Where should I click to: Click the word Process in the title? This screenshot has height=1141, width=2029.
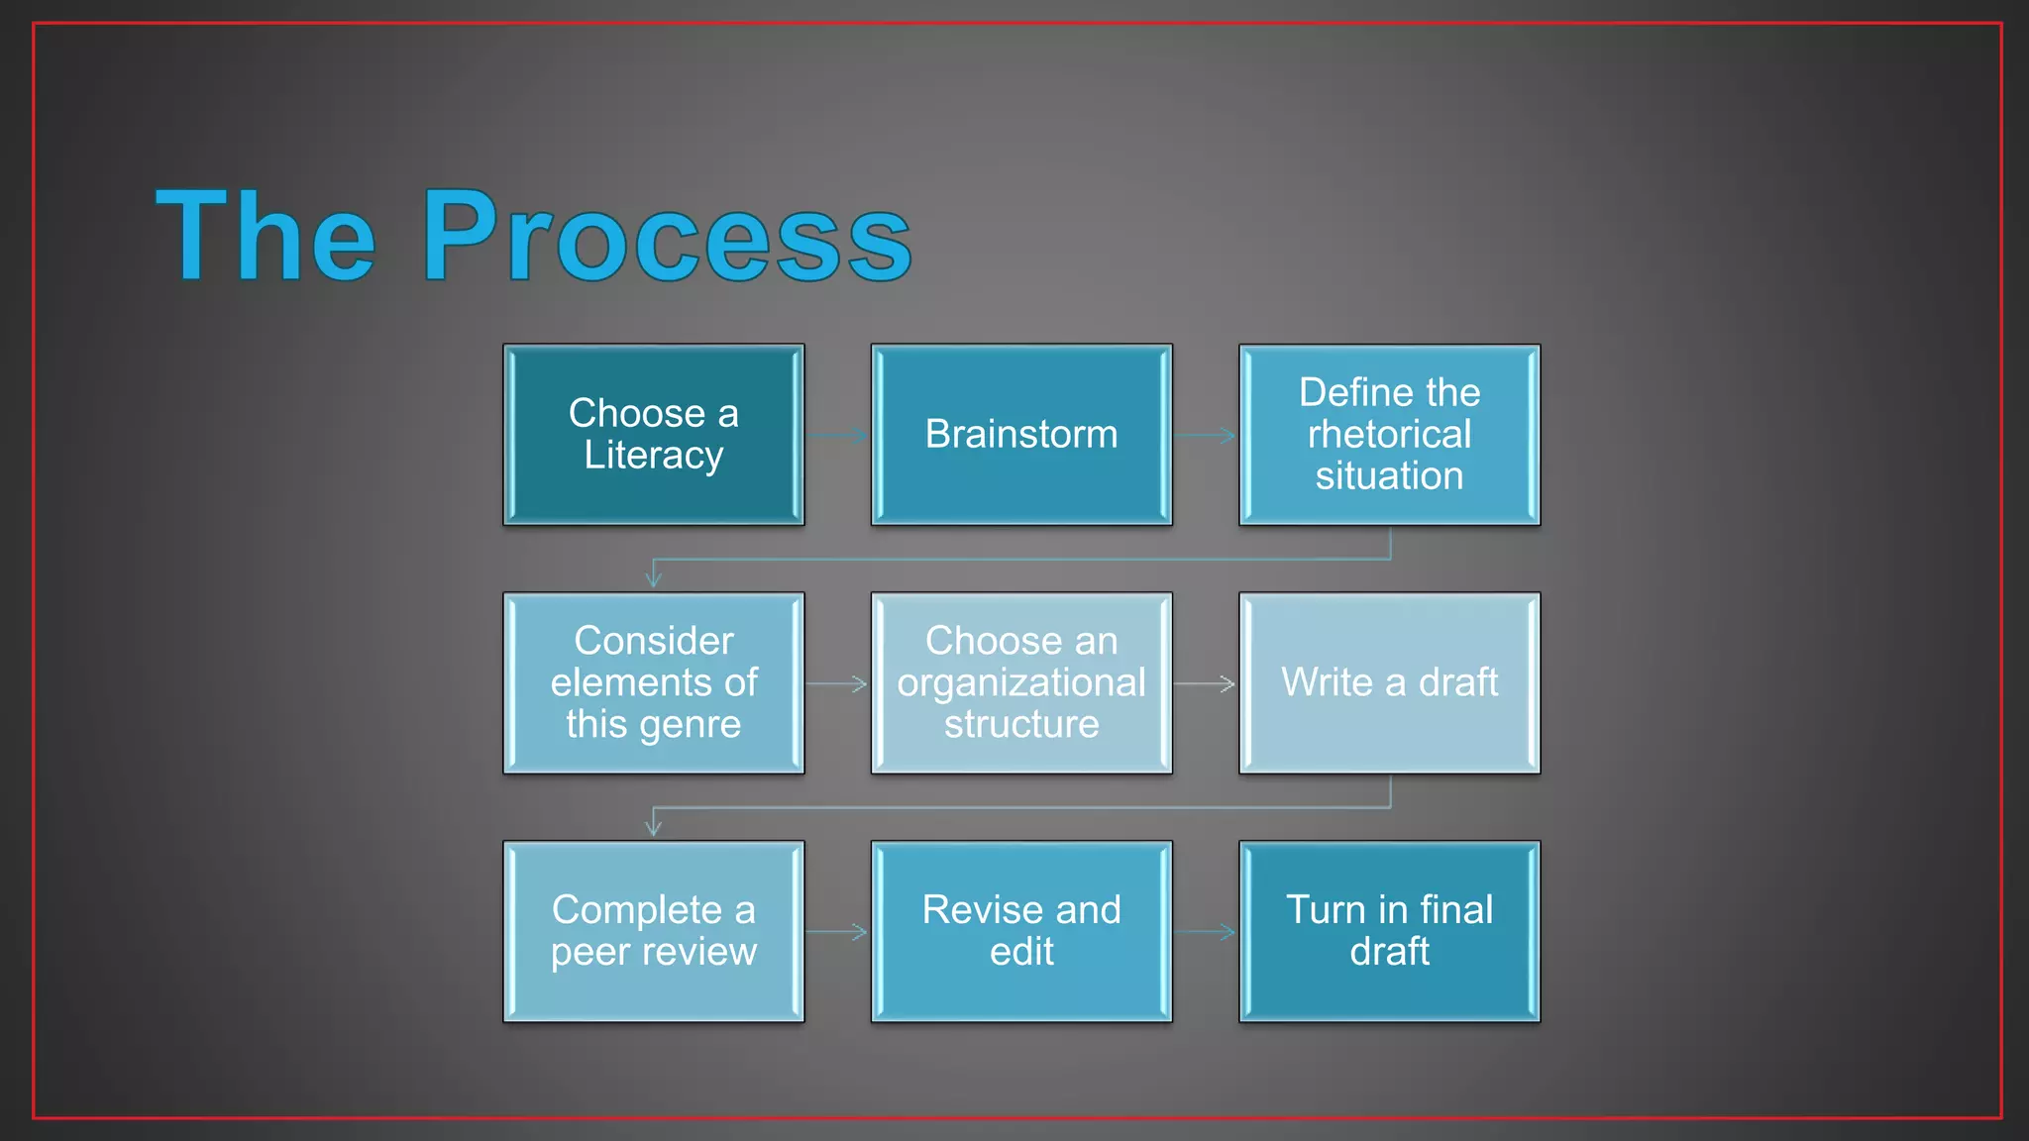[666, 238]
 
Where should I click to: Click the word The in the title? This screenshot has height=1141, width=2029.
[266, 238]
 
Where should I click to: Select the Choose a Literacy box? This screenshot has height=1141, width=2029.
[654, 435]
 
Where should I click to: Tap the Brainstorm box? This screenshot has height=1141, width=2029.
[1021, 435]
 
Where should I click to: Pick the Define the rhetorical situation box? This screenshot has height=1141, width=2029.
[1389, 435]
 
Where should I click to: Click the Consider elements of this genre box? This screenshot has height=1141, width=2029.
[654, 683]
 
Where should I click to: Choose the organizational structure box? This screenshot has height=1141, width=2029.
[1021, 683]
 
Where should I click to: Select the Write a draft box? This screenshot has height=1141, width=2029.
[1389, 683]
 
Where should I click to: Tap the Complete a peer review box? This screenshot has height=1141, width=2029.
[654, 931]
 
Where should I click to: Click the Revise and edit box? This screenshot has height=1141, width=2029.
[1021, 931]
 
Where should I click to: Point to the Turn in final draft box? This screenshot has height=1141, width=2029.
[1389, 931]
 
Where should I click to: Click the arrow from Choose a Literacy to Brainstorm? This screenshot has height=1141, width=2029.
[838, 435]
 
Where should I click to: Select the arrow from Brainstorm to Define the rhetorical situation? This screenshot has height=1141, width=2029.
[1206, 435]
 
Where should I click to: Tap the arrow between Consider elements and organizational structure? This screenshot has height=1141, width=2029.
[838, 683]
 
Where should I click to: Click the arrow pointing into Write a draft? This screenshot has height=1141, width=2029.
[1206, 683]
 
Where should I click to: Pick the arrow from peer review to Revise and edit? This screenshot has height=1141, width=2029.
[838, 932]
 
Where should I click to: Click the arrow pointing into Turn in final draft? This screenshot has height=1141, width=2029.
[1206, 932]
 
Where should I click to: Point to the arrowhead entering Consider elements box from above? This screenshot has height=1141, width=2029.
[653, 578]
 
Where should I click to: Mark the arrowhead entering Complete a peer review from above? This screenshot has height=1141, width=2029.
[653, 827]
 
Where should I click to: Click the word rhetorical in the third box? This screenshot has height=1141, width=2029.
[1389, 435]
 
